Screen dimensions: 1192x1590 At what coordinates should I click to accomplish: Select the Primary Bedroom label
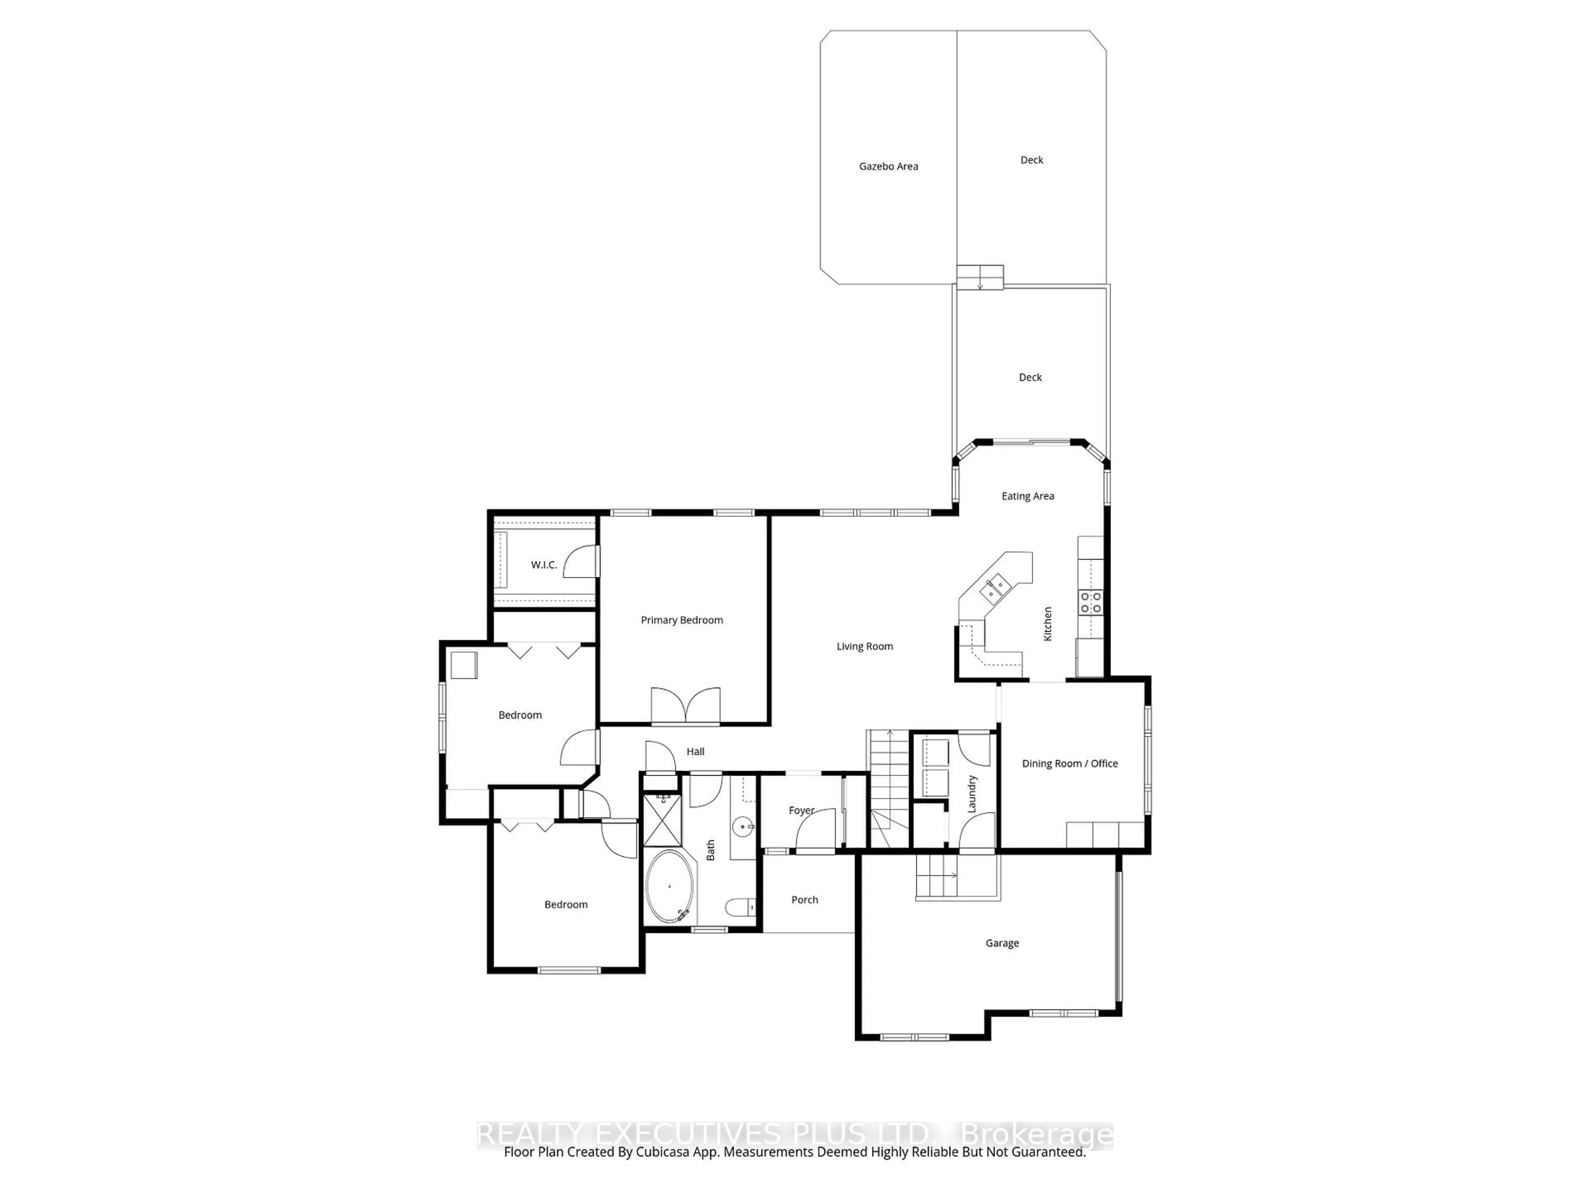tap(682, 620)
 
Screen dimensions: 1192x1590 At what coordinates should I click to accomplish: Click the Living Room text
tap(864, 646)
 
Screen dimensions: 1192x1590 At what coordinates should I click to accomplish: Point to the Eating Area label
tap(1027, 496)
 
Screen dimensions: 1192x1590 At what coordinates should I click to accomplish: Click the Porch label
tap(805, 899)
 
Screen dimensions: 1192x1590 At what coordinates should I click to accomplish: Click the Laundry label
tap(972, 794)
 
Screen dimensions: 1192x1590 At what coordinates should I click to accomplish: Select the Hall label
tap(695, 752)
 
